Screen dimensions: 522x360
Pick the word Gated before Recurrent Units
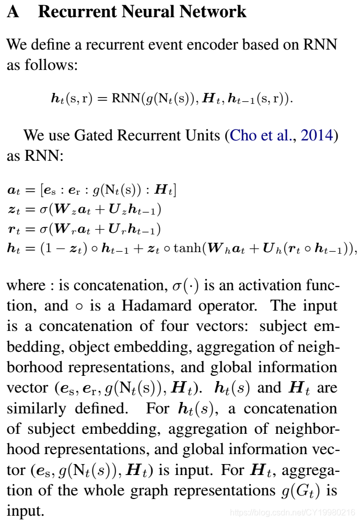pyautogui.click(x=94, y=136)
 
